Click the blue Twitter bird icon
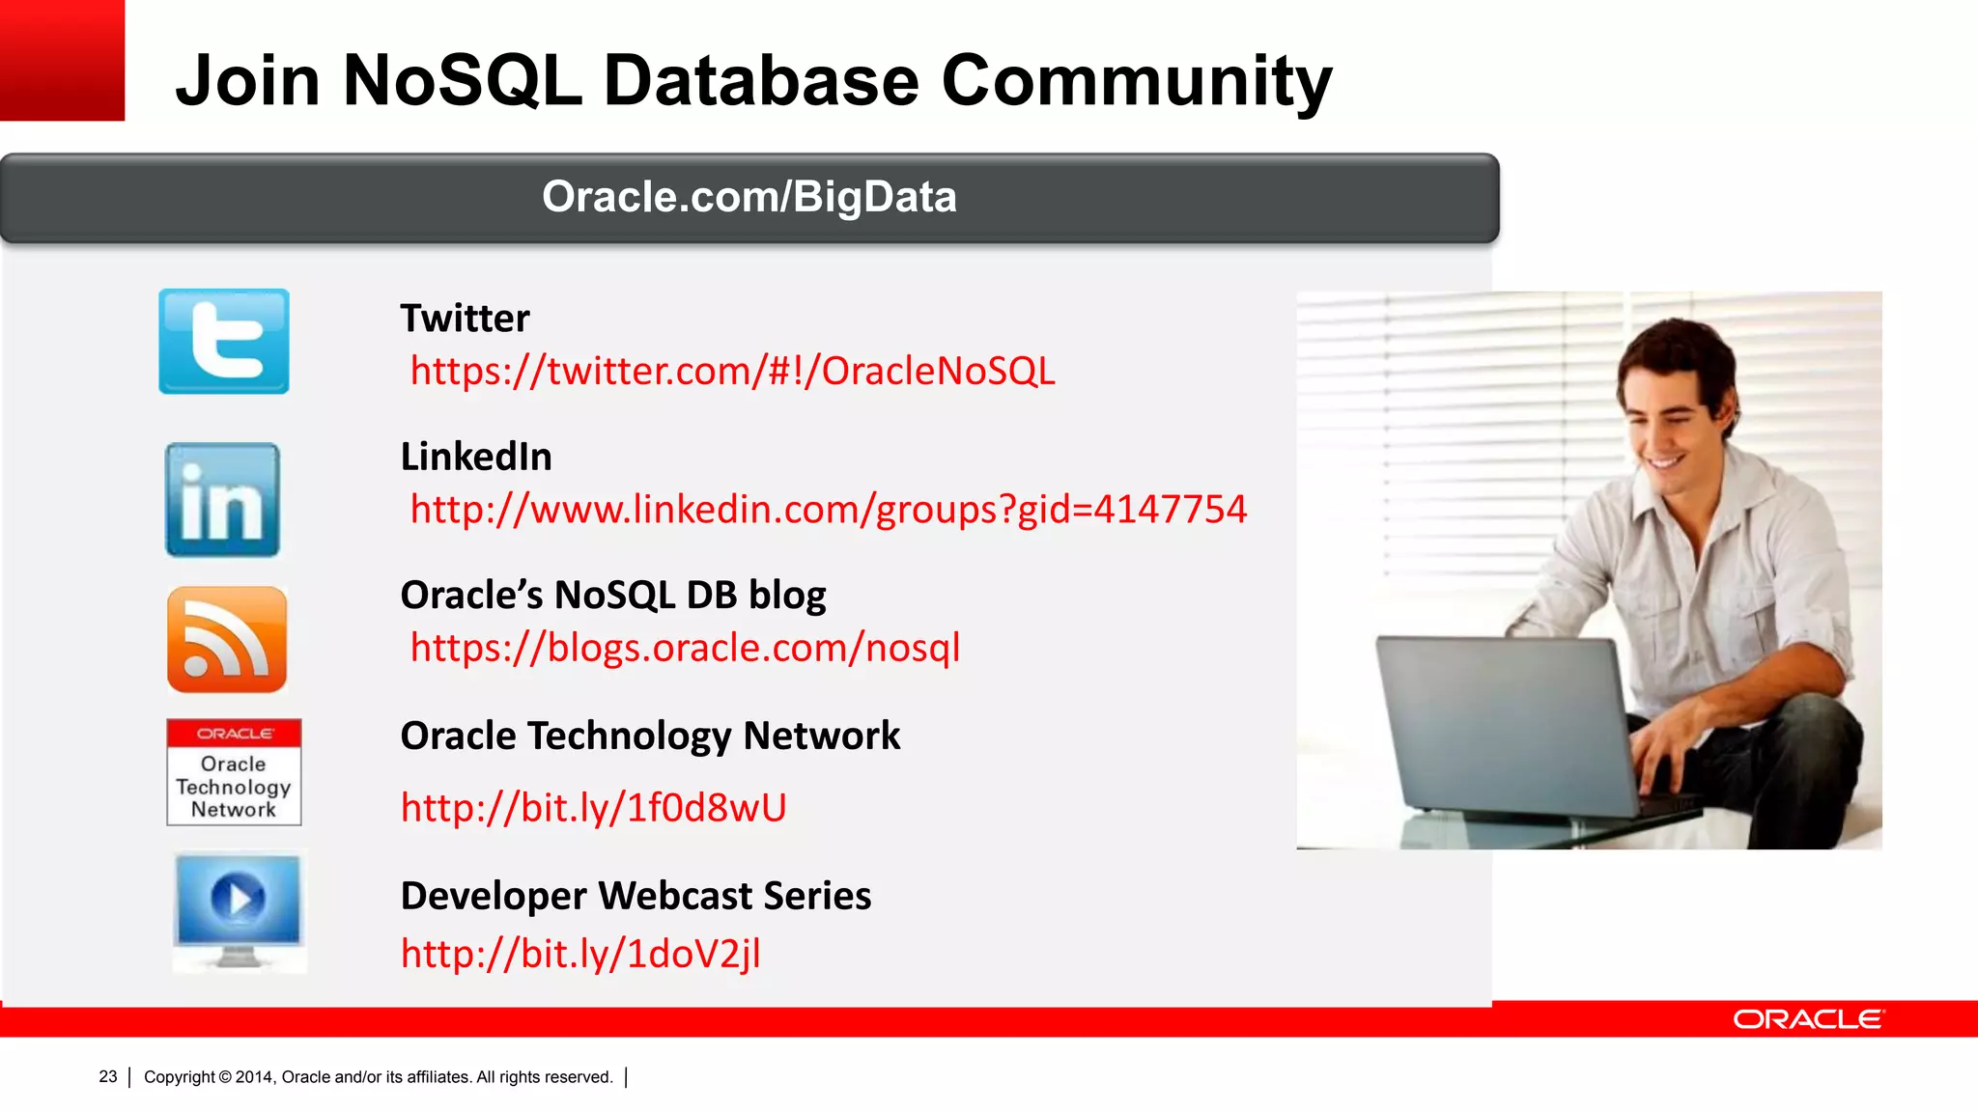(224, 341)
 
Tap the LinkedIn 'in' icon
(223, 500)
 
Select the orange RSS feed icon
(227, 639)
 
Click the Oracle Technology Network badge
(234, 772)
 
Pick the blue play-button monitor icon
(239, 907)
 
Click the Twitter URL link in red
(732, 372)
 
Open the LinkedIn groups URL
(828, 510)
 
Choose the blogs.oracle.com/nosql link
(685, 648)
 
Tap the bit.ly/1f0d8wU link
(593, 808)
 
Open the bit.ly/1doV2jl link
(580, 954)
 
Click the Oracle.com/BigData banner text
(749, 197)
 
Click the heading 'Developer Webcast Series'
(636, 896)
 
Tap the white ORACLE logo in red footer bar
(1808, 1019)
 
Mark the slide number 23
(107, 1076)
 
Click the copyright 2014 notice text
(378, 1077)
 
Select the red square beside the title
(62, 60)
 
